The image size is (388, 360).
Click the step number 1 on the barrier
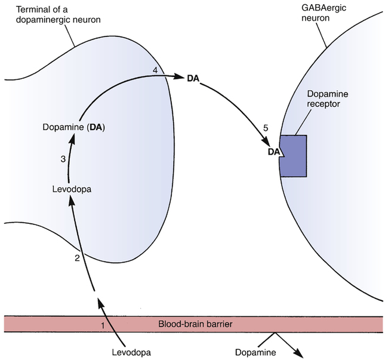pyautogui.click(x=103, y=325)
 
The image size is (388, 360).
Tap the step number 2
pyautogui.click(x=77, y=258)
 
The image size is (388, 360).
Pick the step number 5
pyautogui.click(x=258, y=127)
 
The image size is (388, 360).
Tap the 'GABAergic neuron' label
pyautogui.click(x=319, y=16)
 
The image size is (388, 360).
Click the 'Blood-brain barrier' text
pyautogui.click(x=194, y=324)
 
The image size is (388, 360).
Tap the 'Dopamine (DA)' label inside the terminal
pyautogui.click(x=74, y=127)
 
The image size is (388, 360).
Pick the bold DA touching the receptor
pyautogui.click(x=274, y=152)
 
